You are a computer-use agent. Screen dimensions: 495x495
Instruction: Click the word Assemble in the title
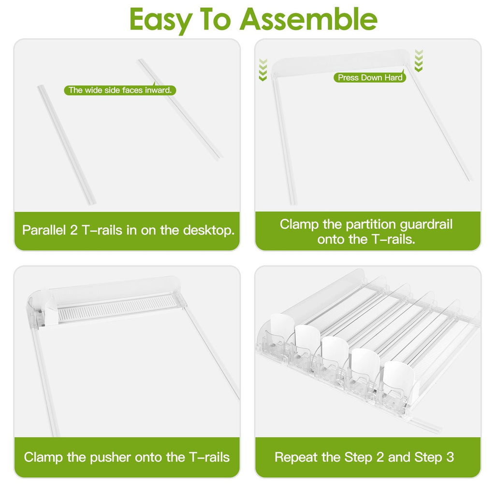(x=308, y=19)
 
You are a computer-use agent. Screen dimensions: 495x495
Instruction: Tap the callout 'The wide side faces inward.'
(x=120, y=90)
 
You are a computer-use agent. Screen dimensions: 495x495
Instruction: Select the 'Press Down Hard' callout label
(x=370, y=77)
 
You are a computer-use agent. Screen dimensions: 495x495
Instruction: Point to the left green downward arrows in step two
(x=262, y=70)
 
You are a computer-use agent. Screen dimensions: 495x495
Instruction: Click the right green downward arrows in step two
(x=419, y=60)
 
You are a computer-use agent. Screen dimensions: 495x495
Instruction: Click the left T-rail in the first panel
(x=67, y=145)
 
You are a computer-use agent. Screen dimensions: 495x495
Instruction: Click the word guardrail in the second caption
(x=426, y=225)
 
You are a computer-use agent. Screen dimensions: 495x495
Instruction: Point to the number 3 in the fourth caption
(x=450, y=457)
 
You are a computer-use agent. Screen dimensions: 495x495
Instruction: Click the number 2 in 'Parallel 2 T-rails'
(x=73, y=230)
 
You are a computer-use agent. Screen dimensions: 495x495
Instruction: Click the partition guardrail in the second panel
(x=340, y=63)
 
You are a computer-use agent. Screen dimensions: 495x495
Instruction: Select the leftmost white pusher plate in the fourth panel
(x=282, y=325)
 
